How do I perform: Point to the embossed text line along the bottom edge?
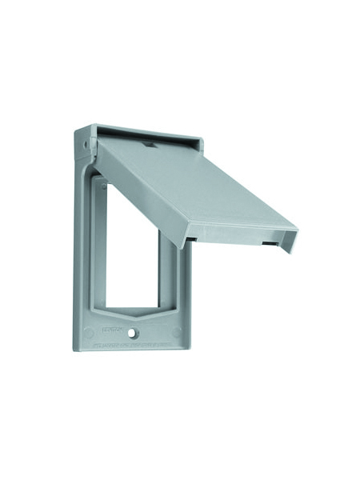pos(136,344)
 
